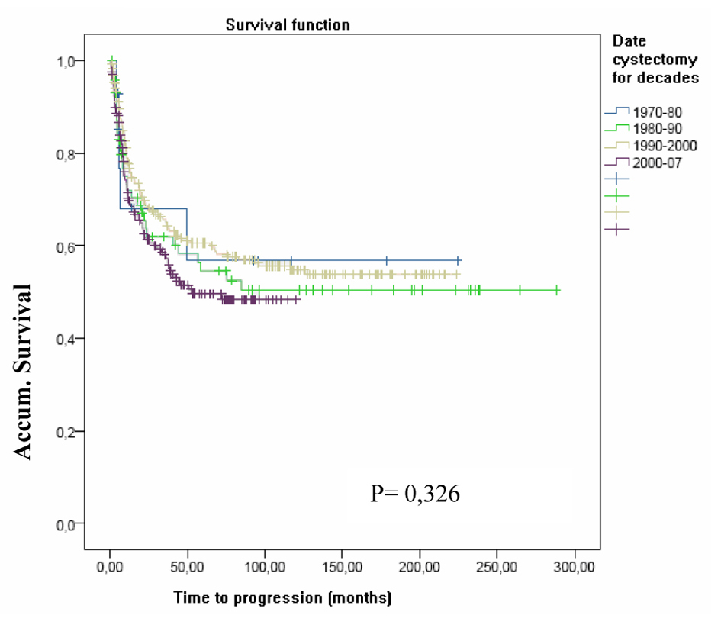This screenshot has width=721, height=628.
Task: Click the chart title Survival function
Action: [x=288, y=25]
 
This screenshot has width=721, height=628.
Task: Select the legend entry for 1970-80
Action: [x=652, y=111]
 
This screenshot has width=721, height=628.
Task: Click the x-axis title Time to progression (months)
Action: [x=282, y=597]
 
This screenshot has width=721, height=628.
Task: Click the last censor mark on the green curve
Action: [x=557, y=290]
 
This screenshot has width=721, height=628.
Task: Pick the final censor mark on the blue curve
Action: [x=458, y=260]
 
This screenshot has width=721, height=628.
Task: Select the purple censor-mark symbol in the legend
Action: [x=616, y=228]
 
